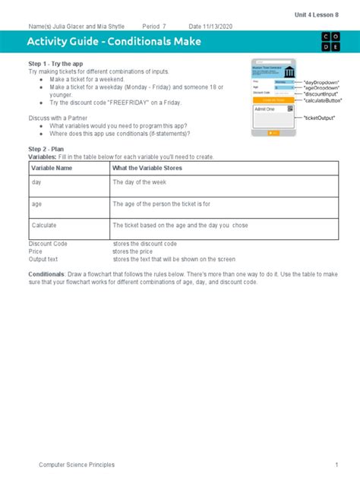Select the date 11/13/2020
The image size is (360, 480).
[x=220, y=25]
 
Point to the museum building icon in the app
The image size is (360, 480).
[x=289, y=72]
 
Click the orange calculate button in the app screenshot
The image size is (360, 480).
[x=273, y=99]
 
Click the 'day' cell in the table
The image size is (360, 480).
[x=36, y=183]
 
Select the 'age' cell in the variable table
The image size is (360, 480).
[x=36, y=204]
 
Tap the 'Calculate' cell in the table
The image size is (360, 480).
[x=44, y=226]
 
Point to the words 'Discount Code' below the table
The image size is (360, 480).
[x=49, y=244]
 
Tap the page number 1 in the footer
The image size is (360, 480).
[x=335, y=464]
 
